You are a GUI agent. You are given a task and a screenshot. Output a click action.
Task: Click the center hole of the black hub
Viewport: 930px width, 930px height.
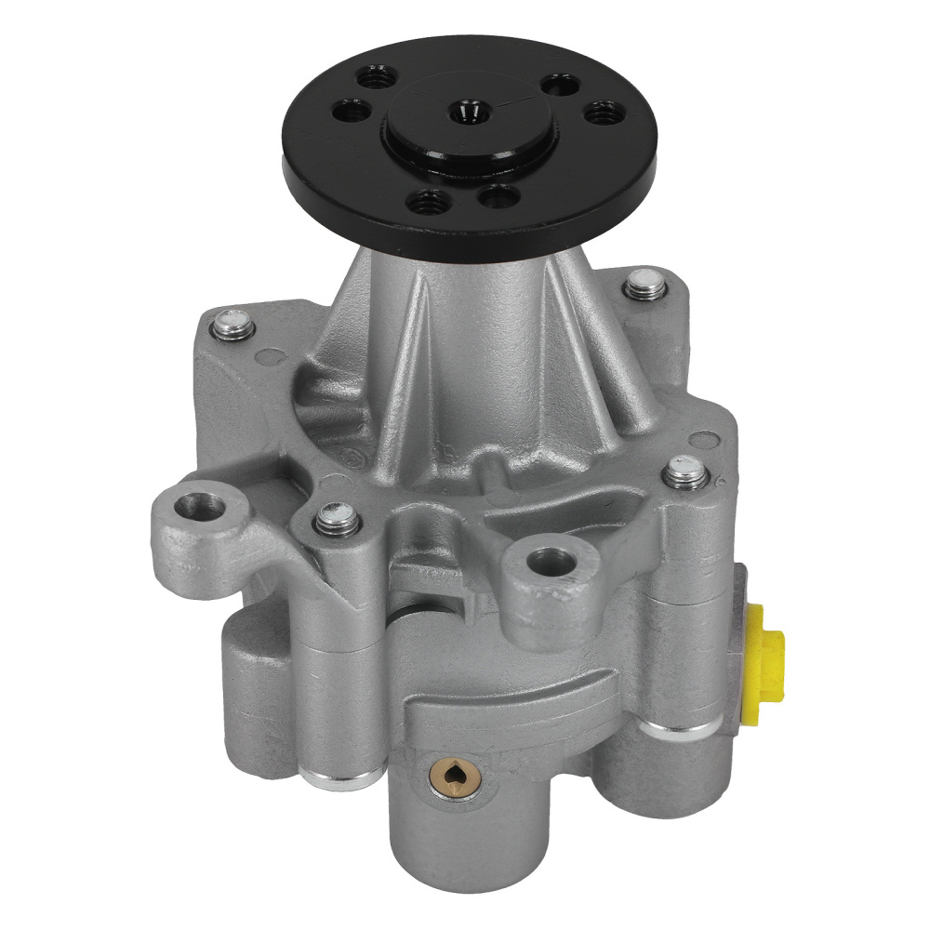(462, 113)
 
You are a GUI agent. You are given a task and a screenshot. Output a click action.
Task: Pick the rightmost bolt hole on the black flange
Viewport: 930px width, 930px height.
(596, 114)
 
